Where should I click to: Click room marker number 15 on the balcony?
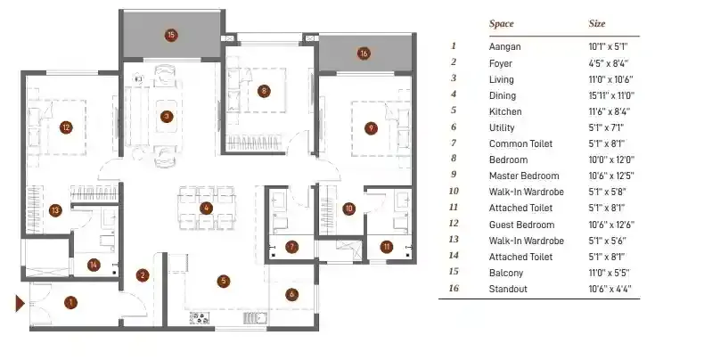(x=171, y=36)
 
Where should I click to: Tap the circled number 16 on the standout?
(x=363, y=53)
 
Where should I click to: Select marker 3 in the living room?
(x=166, y=115)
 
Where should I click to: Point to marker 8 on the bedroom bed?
(x=264, y=90)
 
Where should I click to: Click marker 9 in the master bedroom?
(x=370, y=127)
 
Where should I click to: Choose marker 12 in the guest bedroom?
(x=65, y=127)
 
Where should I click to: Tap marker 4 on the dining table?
(x=206, y=209)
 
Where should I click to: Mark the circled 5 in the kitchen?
(x=224, y=281)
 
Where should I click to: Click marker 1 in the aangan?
(x=70, y=302)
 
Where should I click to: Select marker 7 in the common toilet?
(x=291, y=246)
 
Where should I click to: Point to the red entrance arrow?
(x=18, y=304)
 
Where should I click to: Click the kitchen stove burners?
(x=199, y=318)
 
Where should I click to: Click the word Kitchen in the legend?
(x=505, y=111)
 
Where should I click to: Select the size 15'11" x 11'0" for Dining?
(x=613, y=94)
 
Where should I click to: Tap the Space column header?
(x=501, y=24)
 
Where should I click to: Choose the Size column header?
(x=597, y=24)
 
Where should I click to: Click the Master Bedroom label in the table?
(x=524, y=176)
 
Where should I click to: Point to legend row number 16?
(x=454, y=289)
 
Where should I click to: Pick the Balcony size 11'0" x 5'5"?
(x=610, y=273)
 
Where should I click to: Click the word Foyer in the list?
(x=501, y=62)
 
